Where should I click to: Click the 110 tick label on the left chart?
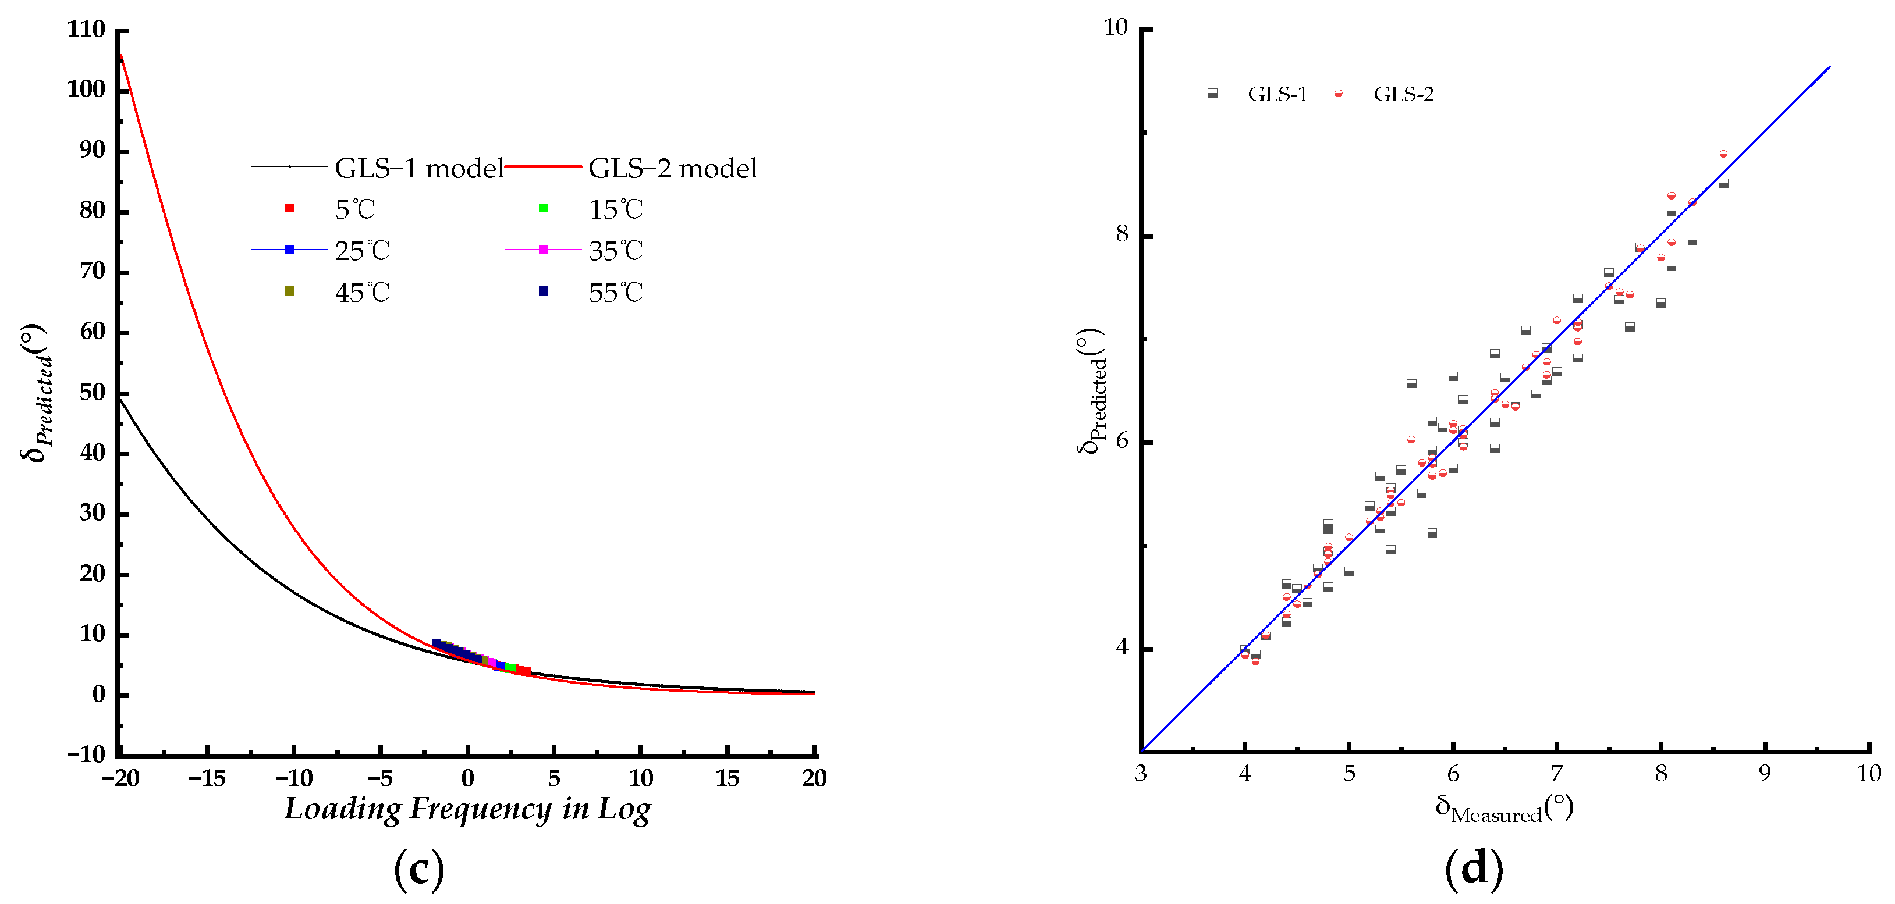pyautogui.click(x=86, y=30)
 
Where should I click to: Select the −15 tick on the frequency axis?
pyautogui.click(x=207, y=778)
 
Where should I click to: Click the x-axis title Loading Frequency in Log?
pyautogui.click(x=467, y=809)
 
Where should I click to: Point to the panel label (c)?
pyautogui.click(x=418, y=869)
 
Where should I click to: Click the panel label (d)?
pyautogui.click(x=1474, y=869)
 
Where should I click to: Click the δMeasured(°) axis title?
pyautogui.click(x=1504, y=809)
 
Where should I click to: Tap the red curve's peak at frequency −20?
pyautogui.click(x=120, y=54)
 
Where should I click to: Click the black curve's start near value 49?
pyautogui.click(x=120, y=398)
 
